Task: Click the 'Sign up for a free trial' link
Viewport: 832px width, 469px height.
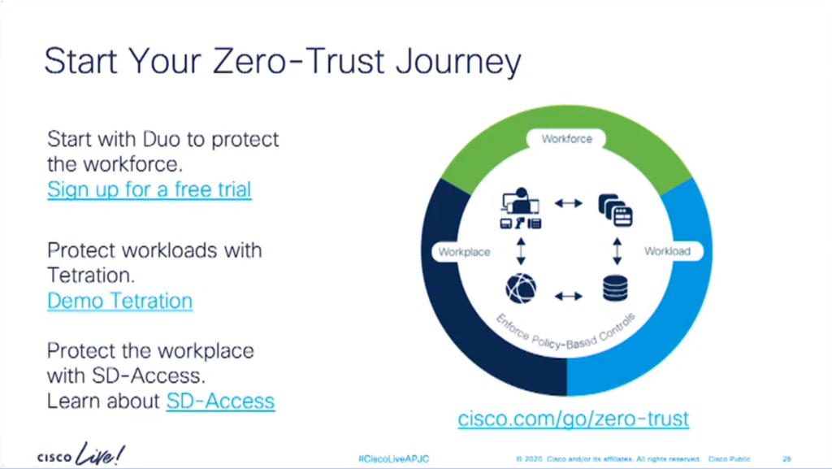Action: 149,189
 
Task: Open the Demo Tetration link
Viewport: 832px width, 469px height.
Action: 120,301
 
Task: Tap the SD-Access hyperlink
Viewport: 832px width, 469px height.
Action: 220,401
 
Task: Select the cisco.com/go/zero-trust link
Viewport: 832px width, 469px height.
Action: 574,419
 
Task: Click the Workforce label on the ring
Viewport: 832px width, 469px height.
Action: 566,139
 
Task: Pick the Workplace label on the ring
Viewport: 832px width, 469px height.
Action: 464,252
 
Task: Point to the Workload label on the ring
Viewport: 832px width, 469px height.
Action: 668,251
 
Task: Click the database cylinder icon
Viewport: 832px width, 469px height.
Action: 616,289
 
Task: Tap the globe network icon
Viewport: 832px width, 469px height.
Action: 521,289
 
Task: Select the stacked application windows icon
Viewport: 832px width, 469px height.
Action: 616,210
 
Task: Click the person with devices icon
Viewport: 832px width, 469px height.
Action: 521,208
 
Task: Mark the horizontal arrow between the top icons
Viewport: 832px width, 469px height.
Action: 568,202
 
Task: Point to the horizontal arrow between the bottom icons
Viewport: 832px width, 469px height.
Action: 568,296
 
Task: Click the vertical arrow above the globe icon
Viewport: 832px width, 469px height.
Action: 521,251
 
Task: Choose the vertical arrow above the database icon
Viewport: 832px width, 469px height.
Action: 617,251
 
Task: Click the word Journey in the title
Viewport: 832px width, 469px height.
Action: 458,62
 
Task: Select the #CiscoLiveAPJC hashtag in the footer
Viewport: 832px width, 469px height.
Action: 394,459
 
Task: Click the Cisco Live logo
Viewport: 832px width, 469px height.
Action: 81,454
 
